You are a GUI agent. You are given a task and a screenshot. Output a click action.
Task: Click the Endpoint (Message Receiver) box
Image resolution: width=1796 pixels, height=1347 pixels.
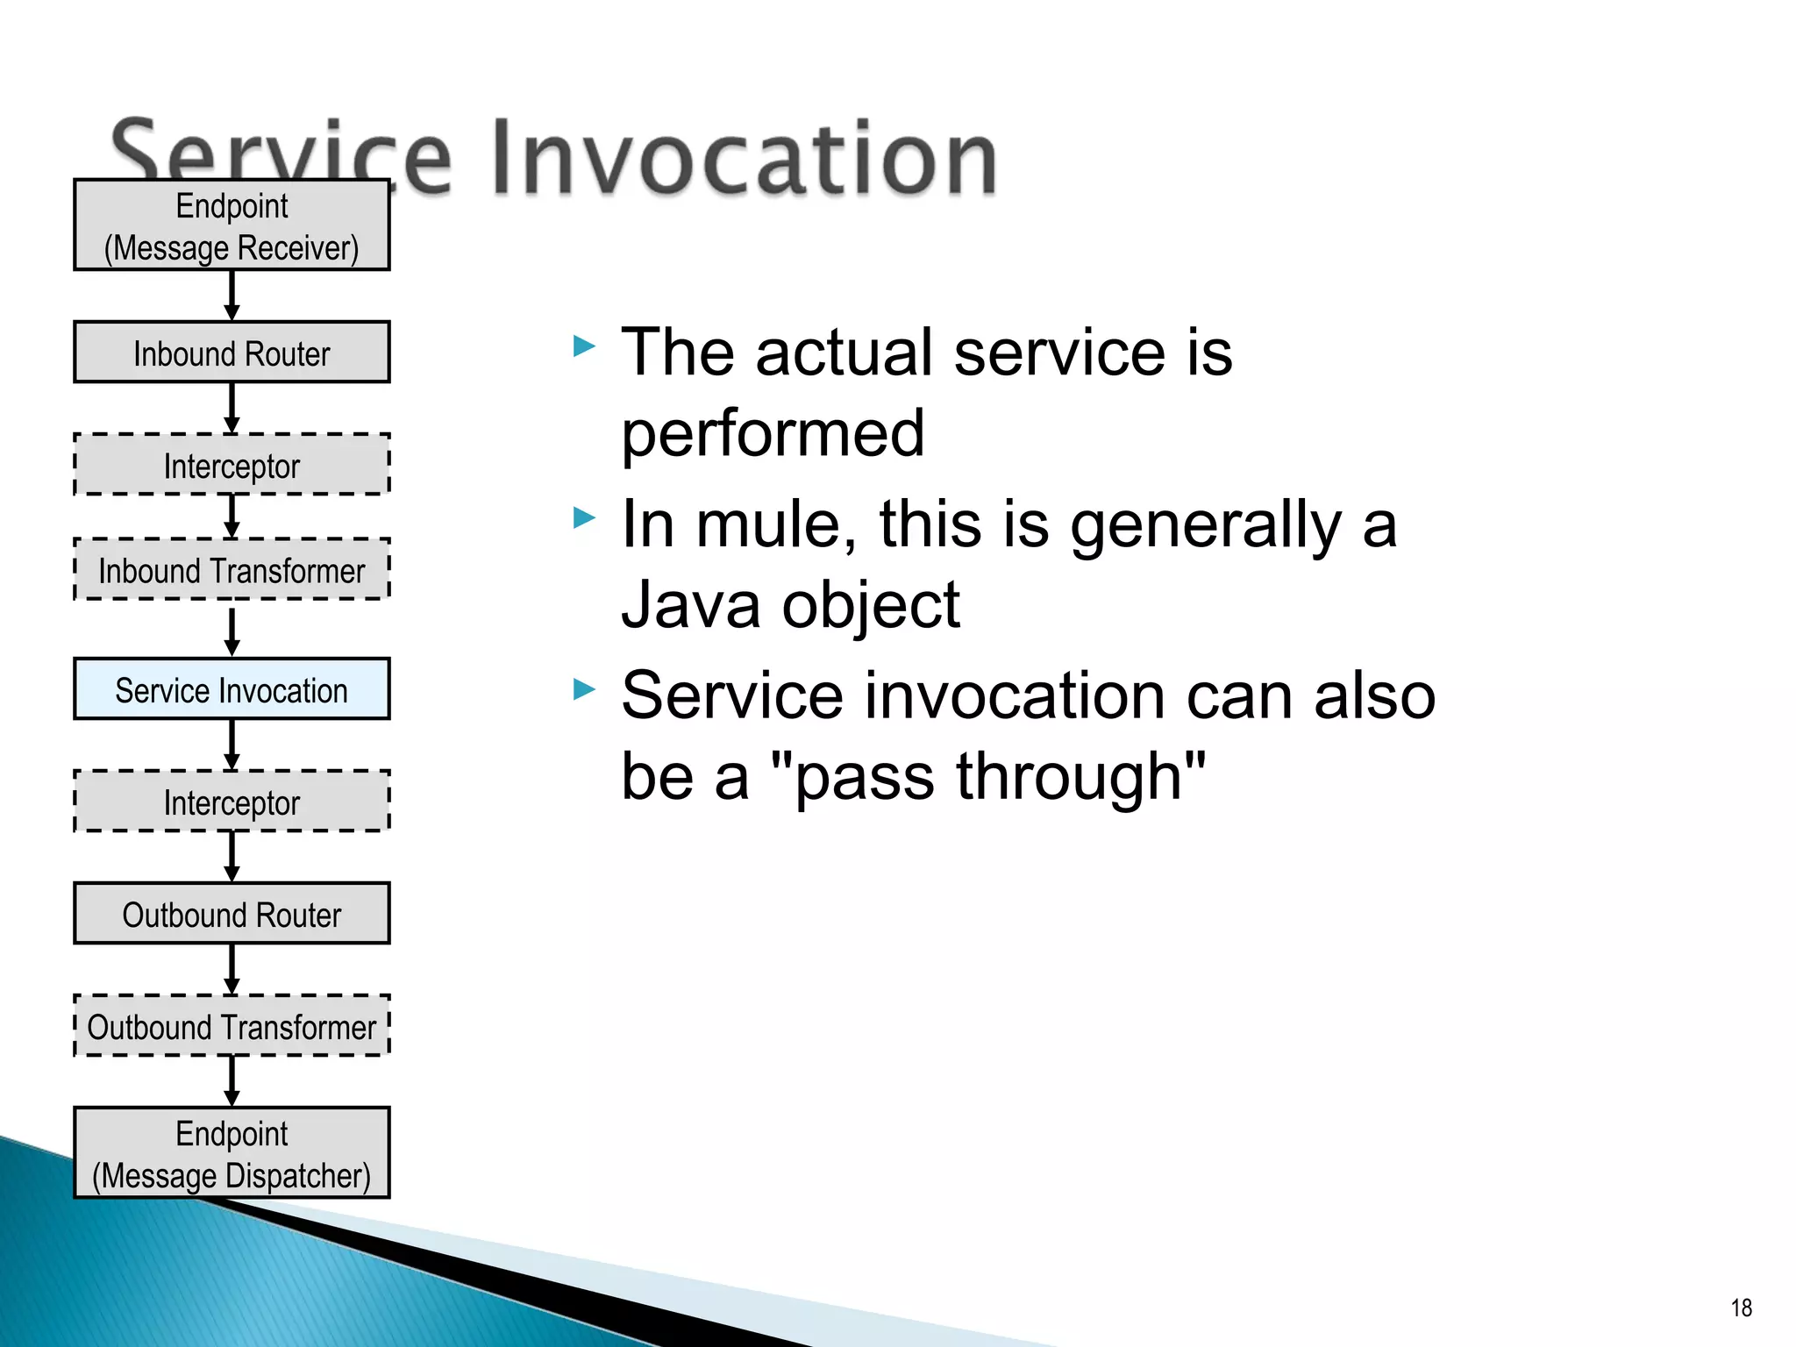[232, 225]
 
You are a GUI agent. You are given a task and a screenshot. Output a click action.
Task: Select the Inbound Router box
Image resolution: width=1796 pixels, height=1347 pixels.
[232, 353]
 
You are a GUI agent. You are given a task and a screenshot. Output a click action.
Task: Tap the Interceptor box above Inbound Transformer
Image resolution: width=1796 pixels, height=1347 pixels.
[232, 465]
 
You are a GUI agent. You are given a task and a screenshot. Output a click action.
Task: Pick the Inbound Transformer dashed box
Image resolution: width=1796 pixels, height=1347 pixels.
[232, 570]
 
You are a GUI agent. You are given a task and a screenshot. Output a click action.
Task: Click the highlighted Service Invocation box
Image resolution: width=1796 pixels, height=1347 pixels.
[232, 689]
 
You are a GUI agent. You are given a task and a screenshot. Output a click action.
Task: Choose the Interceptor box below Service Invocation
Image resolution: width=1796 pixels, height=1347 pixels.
[232, 802]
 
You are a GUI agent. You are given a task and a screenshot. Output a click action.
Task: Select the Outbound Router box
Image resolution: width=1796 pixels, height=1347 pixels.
[232, 914]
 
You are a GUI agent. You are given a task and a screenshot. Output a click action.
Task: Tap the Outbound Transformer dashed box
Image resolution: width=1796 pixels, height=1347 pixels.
[232, 1026]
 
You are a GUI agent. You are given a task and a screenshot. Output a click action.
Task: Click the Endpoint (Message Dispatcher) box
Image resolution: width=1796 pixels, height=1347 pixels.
[232, 1153]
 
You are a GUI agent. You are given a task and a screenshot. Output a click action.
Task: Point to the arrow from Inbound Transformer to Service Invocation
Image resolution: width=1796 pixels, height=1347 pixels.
[232, 631]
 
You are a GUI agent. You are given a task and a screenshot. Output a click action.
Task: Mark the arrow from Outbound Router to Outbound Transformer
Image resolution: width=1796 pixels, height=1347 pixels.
[232, 969]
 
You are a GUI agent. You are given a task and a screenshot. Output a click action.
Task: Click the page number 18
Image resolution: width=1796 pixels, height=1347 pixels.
[1741, 1308]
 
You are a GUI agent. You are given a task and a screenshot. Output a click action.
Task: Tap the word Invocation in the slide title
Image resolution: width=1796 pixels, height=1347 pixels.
[744, 158]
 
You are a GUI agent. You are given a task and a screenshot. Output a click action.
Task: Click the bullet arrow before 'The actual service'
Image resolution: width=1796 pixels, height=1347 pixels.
[584, 346]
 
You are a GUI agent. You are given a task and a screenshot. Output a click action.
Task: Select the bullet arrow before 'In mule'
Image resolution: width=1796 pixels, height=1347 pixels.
[584, 518]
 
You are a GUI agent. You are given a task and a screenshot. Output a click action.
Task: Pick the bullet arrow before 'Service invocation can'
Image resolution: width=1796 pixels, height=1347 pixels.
[584, 689]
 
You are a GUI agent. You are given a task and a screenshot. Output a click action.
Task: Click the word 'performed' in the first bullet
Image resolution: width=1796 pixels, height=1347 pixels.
[773, 433]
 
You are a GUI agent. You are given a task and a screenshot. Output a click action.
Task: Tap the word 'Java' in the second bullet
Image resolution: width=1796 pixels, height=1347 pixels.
[691, 604]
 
